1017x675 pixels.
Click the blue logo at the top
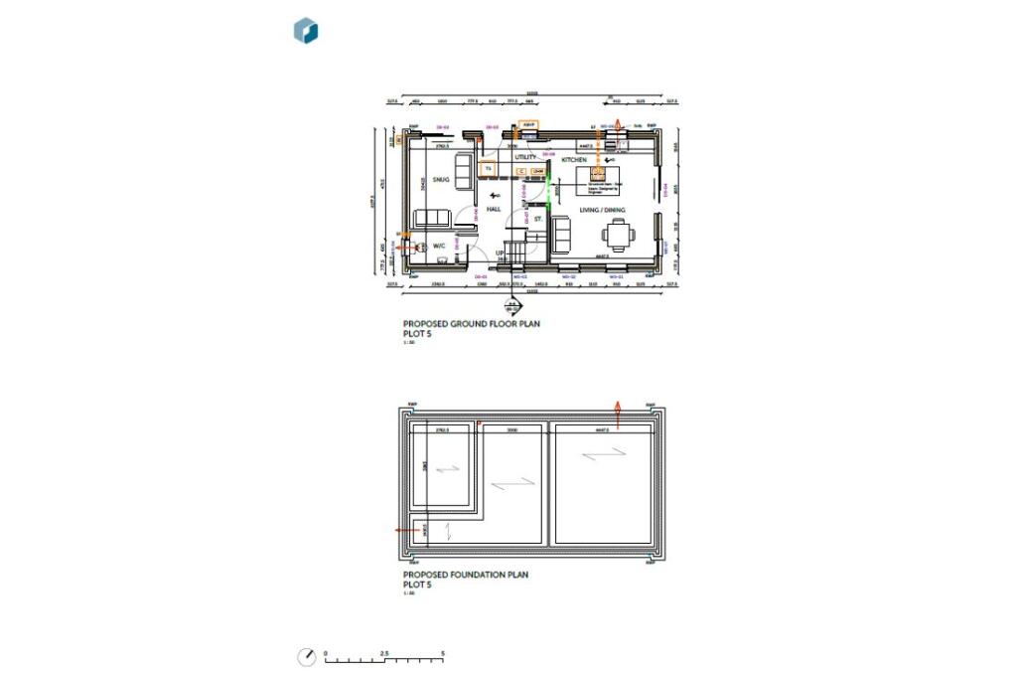(306, 31)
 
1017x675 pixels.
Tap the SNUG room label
(441, 180)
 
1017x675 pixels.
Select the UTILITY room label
(525, 157)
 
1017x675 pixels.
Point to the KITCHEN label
(575, 160)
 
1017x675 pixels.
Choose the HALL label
(493, 210)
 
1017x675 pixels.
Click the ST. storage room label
(538, 218)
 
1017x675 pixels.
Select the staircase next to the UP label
(514, 250)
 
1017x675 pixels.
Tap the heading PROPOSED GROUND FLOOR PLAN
(471, 324)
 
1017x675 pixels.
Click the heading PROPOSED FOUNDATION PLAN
(466, 575)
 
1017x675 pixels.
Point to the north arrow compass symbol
(308, 656)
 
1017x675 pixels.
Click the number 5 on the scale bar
(443, 653)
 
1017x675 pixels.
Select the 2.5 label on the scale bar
(384, 653)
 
